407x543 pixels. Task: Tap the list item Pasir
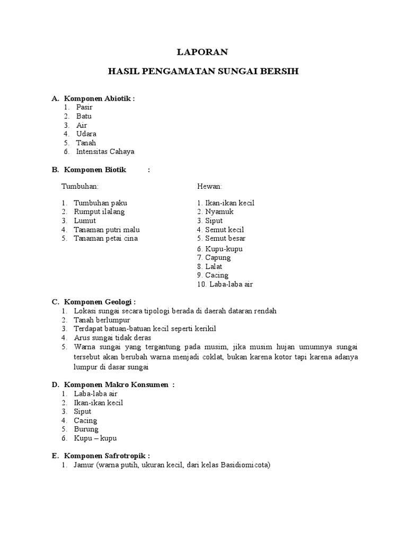point(84,107)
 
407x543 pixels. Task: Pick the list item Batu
point(84,116)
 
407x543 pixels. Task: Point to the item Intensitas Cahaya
point(105,152)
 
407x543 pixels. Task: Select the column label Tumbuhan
point(80,186)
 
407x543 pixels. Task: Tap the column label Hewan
point(210,186)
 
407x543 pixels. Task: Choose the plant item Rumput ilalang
point(99,212)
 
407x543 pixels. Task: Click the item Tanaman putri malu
point(107,230)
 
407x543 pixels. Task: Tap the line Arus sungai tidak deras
point(112,337)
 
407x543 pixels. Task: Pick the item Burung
point(86,429)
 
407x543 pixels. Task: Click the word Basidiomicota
point(243,466)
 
